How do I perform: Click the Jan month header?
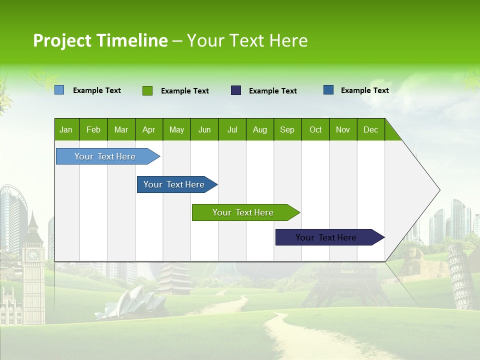coord(66,129)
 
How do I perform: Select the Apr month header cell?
coord(149,129)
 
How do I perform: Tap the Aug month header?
coord(260,129)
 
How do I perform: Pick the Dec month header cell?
coord(370,129)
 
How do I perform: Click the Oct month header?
coord(315,129)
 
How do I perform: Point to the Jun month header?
coord(204,129)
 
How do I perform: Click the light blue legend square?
coord(59,90)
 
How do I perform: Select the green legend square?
coord(147,90)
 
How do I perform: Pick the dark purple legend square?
coord(236,90)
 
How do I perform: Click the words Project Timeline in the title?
coord(100,40)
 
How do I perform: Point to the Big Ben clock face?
coord(33,255)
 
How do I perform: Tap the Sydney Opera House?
coord(122,302)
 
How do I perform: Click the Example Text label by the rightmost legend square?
coord(364,90)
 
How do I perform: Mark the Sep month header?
coord(287,129)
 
